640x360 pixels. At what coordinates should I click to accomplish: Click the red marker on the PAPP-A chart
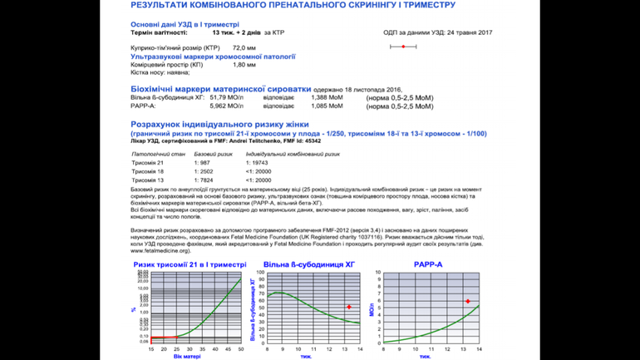468,301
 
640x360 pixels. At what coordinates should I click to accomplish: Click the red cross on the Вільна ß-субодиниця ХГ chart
349,307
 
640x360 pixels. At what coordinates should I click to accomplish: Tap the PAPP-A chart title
429,264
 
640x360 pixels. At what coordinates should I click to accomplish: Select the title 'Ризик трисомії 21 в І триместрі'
190,264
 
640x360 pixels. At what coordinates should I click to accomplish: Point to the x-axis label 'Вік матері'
187,357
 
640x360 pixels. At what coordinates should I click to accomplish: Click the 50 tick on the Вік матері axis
240,349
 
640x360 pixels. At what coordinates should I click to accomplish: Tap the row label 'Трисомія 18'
148,171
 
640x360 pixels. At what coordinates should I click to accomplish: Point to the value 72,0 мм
244,48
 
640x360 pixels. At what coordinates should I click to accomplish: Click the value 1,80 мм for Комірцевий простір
244,65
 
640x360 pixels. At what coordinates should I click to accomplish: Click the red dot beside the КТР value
403,47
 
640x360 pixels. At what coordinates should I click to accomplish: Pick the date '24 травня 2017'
469,32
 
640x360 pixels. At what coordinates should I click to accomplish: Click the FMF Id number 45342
313,141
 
